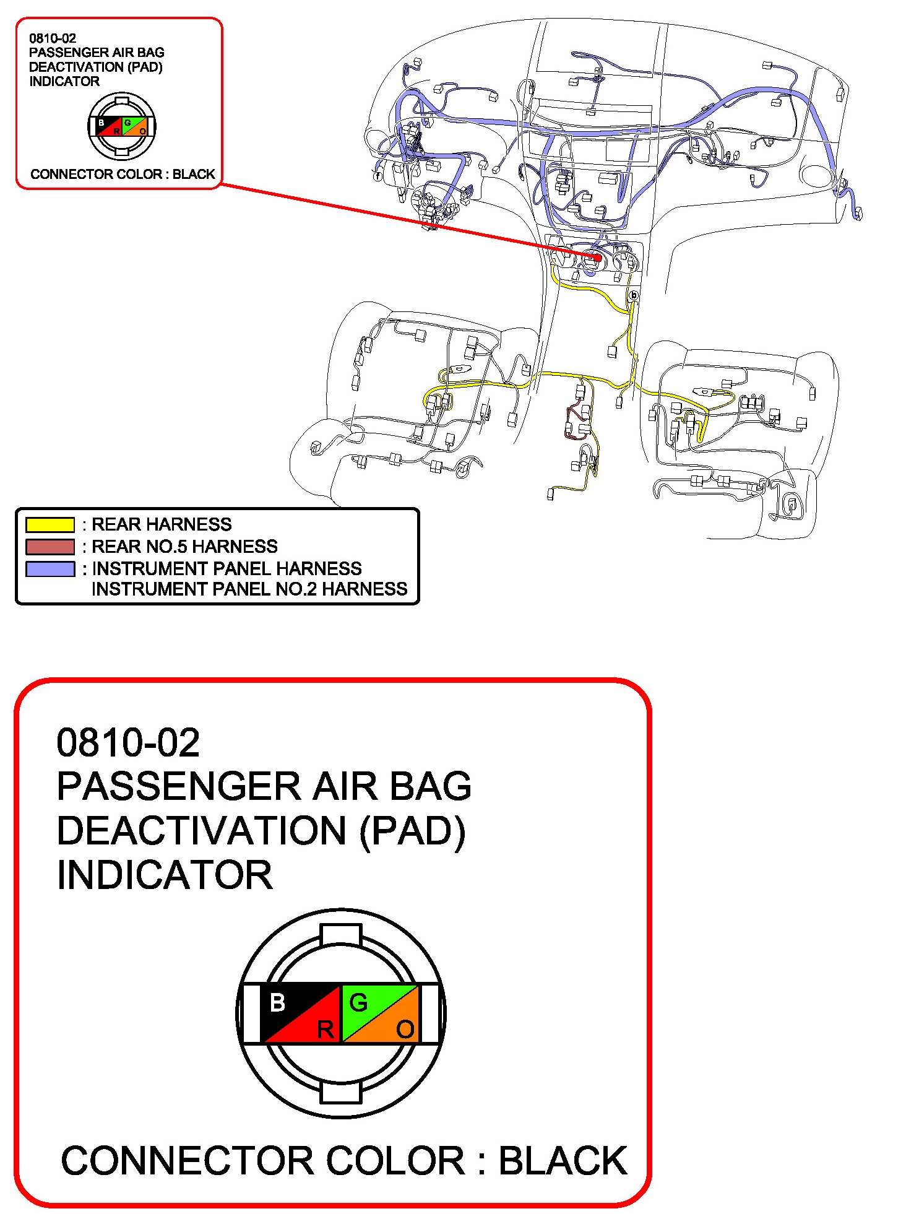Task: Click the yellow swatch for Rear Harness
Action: (50, 525)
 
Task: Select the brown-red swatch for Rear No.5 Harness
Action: (50, 547)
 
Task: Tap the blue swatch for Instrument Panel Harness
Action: (50, 568)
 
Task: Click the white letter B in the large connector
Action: (278, 1002)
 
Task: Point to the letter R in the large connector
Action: (325, 1030)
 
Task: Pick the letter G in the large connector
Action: (358, 1002)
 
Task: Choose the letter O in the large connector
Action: (405, 1030)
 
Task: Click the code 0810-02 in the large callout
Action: (128, 742)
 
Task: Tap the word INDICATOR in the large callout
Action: (165, 875)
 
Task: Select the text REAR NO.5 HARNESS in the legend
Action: (184, 547)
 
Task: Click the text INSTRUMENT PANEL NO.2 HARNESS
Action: (249, 589)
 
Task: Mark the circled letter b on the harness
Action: (633, 295)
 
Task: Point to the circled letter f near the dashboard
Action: (378, 176)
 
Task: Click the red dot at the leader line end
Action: (597, 258)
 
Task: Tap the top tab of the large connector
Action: (340, 934)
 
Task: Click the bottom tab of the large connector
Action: (340, 1093)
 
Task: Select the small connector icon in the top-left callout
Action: (121, 126)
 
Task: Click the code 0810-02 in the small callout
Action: (53, 38)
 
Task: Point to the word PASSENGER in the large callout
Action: (179, 786)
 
